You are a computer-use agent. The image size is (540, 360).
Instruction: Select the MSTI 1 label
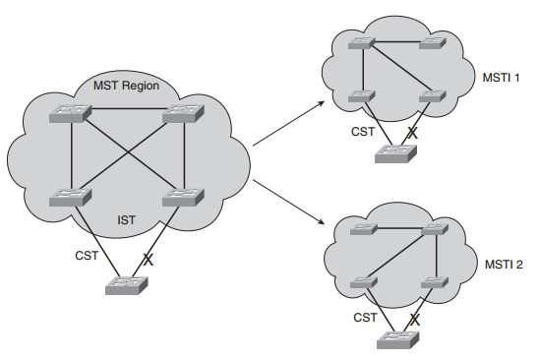click(x=494, y=76)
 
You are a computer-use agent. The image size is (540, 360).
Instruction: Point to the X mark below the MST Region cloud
click(x=149, y=261)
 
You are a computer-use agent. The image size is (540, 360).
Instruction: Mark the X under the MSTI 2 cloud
click(x=414, y=320)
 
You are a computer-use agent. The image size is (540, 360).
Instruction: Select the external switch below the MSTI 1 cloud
click(x=394, y=152)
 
